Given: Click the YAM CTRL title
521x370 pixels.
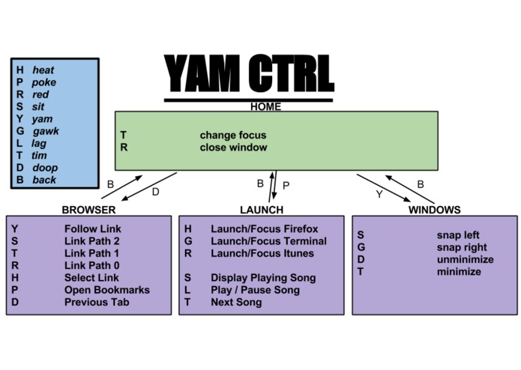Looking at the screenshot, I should pyautogui.click(x=248, y=73).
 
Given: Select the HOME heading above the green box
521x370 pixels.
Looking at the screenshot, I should pyautogui.click(x=265, y=106).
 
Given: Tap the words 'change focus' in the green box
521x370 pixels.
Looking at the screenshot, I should pyautogui.click(x=232, y=136).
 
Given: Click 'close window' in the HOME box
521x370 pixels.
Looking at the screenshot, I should pyautogui.click(x=233, y=148).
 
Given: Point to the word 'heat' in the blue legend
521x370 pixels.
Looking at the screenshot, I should pyautogui.click(x=43, y=70).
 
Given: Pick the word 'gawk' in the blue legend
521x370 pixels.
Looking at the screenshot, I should pyautogui.click(x=46, y=131).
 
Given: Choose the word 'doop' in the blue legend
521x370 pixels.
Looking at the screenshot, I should pyautogui.click(x=45, y=168).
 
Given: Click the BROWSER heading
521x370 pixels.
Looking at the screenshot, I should pyautogui.click(x=88, y=210).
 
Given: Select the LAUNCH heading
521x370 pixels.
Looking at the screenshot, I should pyautogui.click(x=261, y=210).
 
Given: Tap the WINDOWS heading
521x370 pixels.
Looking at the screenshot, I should pyautogui.click(x=434, y=210).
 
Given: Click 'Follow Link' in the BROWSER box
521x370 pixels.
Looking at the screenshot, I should pyautogui.click(x=92, y=229).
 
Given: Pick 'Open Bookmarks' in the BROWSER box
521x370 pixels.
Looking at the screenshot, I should pyautogui.click(x=106, y=290).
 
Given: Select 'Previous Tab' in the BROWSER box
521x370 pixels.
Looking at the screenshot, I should pyautogui.click(x=96, y=302).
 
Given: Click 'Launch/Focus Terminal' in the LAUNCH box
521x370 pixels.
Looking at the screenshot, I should pyautogui.click(x=268, y=241).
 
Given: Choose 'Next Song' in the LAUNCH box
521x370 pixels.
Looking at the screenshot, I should pyautogui.click(x=236, y=302).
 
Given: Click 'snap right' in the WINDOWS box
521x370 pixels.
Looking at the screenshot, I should pyautogui.click(x=461, y=247).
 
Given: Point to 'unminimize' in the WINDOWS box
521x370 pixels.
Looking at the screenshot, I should pyautogui.click(x=465, y=259).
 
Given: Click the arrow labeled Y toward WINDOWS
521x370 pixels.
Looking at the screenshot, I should pyautogui.click(x=382, y=188).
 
